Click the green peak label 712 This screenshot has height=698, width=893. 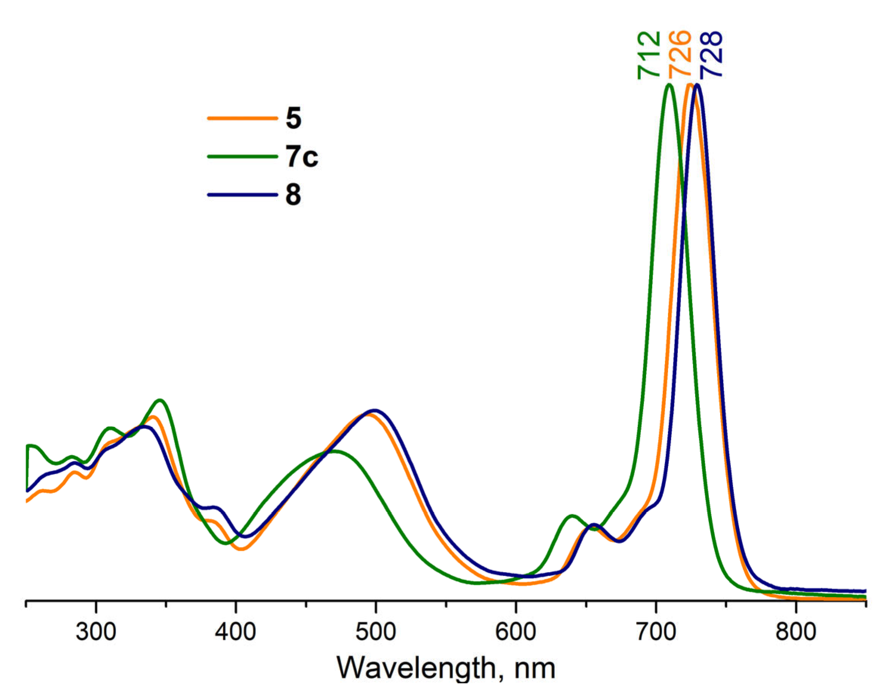click(649, 55)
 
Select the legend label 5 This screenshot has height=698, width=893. click(294, 118)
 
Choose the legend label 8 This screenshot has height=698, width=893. click(294, 195)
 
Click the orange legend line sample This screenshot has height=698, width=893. click(242, 118)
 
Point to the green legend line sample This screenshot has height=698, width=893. click(242, 156)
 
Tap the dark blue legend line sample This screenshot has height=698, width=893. click(242, 195)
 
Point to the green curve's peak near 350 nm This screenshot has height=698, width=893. click(160, 400)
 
